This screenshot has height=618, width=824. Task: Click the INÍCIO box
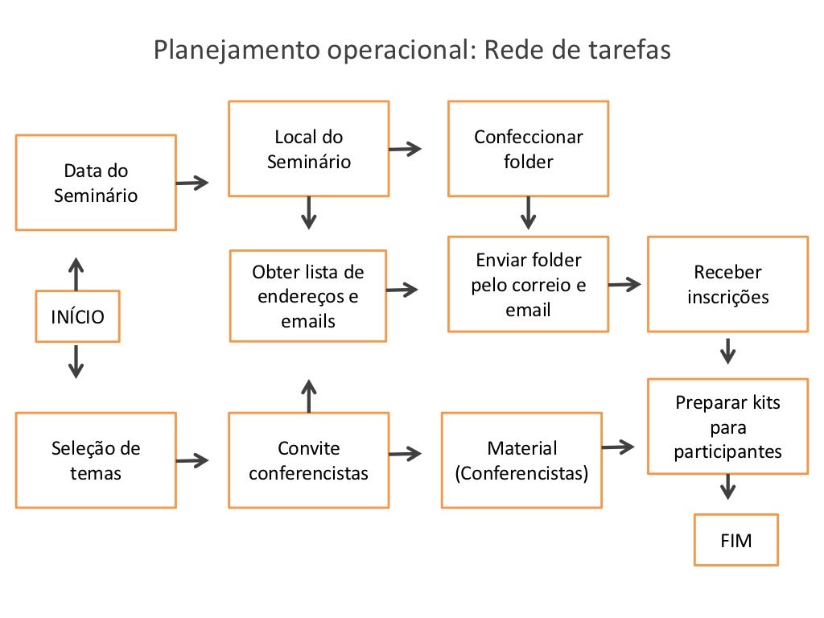tap(78, 316)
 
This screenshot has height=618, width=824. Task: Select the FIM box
tap(736, 540)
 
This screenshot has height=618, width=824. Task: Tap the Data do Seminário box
tap(96, 183)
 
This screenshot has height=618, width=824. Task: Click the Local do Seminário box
tap(309, 149)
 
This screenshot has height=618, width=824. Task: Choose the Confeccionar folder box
tap(528, 149)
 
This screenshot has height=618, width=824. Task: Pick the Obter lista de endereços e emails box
tap(308, 295)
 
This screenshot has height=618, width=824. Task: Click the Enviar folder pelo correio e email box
tap(528, 284)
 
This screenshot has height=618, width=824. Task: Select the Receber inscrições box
tap(727, 284)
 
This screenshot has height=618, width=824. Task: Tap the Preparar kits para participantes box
tap(727, 426)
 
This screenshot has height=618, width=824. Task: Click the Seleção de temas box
tap(96, 460)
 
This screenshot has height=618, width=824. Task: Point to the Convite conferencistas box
tap(308, 460)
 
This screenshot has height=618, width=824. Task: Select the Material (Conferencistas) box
tap(521, 460)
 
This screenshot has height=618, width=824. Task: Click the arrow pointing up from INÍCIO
tap(76, 274)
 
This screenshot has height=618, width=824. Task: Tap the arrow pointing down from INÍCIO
tap(76, 361)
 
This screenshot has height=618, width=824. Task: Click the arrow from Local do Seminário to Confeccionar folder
tap(405, 148)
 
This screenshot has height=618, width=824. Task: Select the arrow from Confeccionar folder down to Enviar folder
tap(528, 213)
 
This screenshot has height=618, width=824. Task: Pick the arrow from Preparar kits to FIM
tap(728, 486)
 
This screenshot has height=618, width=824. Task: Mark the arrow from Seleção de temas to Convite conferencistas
tap(192, 460)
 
